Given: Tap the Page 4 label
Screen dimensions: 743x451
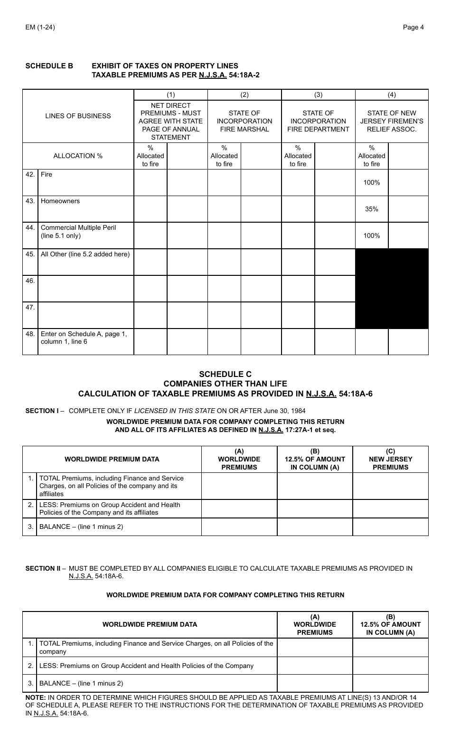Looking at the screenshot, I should click(413, 27).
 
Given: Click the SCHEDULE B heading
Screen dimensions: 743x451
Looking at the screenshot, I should click(49, 66).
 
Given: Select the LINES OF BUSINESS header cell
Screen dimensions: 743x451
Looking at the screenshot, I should click(78, 116).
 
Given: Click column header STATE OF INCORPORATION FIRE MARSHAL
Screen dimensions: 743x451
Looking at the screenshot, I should click(244, 121).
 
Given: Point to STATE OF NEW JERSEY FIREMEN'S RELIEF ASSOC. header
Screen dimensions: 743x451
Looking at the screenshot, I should click(392, 121).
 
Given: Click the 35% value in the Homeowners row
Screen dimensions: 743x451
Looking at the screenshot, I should click(372, 209).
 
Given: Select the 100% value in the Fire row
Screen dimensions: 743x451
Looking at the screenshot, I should click(372, 182).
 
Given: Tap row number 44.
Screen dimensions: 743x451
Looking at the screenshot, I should click(30, 227).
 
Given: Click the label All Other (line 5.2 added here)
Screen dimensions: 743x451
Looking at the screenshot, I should click(85, 254).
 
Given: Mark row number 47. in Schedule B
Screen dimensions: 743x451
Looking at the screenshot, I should click(30, 307).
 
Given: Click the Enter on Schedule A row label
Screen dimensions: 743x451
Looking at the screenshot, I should click(84, 338).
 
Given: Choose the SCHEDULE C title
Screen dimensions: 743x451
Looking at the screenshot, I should click(225, 374).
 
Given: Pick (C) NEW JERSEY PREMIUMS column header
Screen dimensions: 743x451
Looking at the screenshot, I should click(390, 459).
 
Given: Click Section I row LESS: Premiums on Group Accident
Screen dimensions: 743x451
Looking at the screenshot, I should click(110, 508).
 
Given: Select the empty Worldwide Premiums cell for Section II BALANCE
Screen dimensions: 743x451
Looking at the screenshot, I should click(315, 684).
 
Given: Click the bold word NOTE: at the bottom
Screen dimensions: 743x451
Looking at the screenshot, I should click(36, 697).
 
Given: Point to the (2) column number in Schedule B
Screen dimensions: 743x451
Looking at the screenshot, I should click(244, 94).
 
